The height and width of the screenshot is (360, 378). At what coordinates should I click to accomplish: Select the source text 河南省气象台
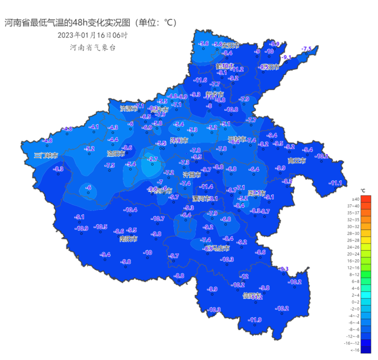(x=93, y=47)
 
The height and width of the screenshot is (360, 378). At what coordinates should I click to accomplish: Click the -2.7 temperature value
(x=153, y=159)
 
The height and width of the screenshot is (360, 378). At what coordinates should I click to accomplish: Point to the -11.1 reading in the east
(x=336, y=183)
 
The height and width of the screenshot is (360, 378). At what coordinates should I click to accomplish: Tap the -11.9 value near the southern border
(x=255, y=320)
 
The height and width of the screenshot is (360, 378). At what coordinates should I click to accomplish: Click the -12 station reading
(x=244, y=277)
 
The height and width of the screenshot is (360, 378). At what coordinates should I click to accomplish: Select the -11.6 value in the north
(x=200, y=80)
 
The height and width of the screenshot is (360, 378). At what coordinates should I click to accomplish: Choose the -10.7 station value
(x=158, y=219)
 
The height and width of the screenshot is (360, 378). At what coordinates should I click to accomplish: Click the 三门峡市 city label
(x=46, y=155)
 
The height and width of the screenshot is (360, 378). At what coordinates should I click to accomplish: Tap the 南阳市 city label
(x=129, y=239)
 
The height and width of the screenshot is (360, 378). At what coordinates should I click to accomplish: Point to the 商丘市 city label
(x=297, y=161)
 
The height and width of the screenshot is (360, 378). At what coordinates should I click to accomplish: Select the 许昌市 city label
(x=192, y=175)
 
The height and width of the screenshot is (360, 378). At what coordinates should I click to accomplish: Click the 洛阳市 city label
(x=116, y=153)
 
